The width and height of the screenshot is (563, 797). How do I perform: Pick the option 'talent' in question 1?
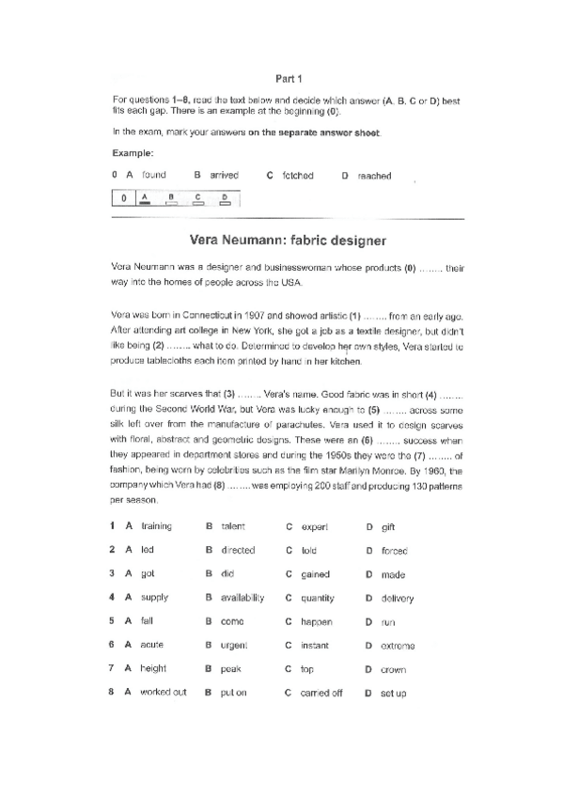(233, 526)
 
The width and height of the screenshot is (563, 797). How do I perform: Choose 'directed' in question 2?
(238, 550)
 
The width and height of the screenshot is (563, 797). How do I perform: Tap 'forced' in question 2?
(395, 551)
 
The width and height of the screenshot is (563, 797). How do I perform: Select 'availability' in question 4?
(242, 598)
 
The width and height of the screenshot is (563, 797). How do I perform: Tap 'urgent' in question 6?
(234, 645)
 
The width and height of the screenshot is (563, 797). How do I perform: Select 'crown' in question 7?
(393, 669)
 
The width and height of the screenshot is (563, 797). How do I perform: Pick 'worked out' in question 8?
(164, 693)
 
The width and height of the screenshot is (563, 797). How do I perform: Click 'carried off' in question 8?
(321, 694)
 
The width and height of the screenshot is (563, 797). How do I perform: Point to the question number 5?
(112, 621)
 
